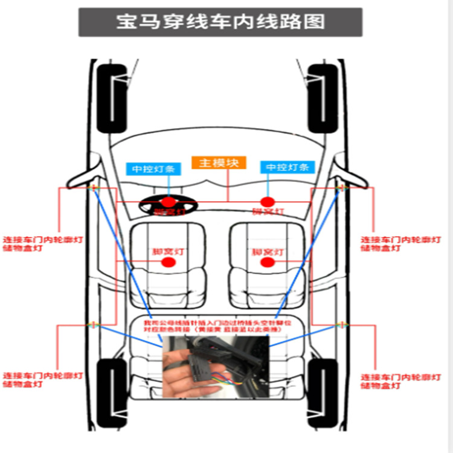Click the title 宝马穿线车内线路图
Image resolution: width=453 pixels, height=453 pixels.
click(x=220, y=22)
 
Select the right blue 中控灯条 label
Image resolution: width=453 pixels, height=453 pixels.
click(x=288, y=167)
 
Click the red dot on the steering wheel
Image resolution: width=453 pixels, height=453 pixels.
click(x=169, y=202)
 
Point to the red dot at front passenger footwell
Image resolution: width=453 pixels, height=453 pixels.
click(x=267, y=201)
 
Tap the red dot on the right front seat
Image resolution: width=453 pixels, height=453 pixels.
click(x=267, y=262)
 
